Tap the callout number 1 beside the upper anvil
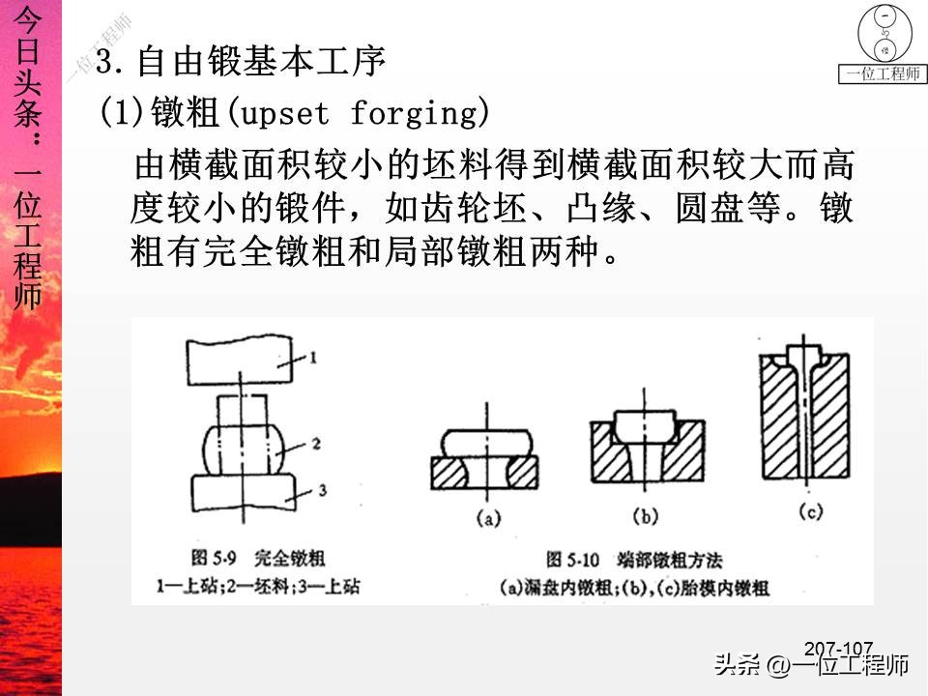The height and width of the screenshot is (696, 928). (x=312, y=358)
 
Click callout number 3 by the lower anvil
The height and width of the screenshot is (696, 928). (x=320, y=491)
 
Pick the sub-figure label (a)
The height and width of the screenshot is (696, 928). (x=487, y=519)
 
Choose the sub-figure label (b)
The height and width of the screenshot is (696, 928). (x=643, y=514)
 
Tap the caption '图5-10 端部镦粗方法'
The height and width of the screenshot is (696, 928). (x=634, y=560)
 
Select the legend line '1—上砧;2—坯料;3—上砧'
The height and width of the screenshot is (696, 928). (x=256, y=586)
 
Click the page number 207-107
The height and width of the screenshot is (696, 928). (x=838, y=648)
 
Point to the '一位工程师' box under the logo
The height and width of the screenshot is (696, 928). (x=883, y=73)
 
